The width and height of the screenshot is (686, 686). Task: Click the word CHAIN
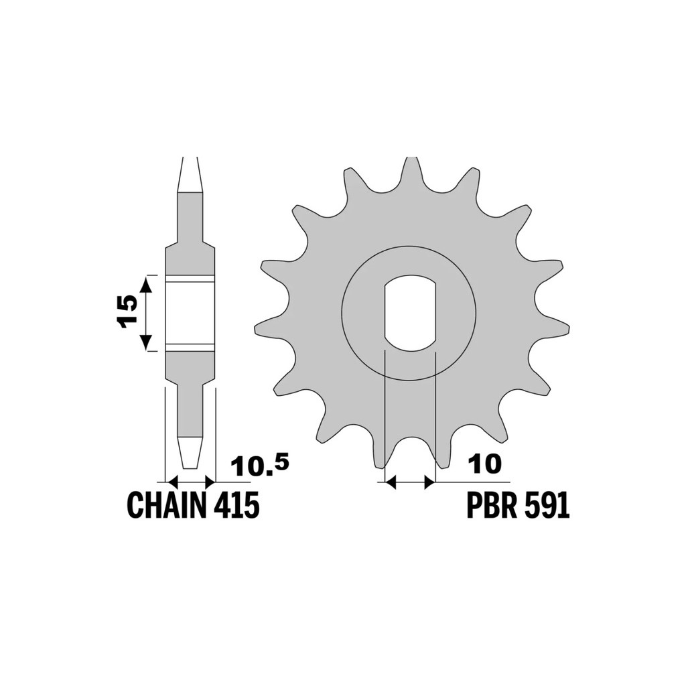click(x=165, y=504)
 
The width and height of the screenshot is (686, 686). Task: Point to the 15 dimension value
click(x=126, y=312)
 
